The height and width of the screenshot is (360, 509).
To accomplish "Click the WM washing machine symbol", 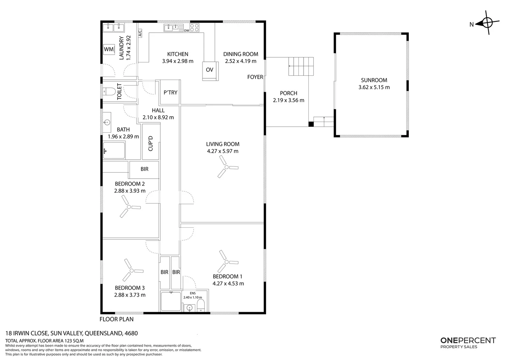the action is click(109, 49).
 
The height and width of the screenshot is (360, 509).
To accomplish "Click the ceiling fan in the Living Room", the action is click(227, 167).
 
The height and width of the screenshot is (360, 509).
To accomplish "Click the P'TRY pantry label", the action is click(171, 93).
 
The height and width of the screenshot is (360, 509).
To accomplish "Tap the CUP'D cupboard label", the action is click(151, 143).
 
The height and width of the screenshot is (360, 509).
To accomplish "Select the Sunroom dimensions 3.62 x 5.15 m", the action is click(374, 87).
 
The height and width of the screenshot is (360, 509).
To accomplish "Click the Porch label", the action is click(288, 93).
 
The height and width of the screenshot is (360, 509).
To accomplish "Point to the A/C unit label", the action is click(140, 33).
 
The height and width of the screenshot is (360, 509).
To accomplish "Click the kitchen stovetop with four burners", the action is click(195, 28).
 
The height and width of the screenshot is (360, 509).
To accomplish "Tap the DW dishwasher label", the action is click(187, 30).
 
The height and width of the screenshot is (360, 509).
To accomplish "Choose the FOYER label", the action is click(255, 77).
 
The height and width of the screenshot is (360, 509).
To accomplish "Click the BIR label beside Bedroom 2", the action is click(145, 169).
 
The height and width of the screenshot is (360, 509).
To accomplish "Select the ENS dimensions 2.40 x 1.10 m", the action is click(193, 297).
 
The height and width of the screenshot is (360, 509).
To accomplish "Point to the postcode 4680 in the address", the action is click(131, 333).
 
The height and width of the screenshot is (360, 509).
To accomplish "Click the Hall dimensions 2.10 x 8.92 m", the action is click(158, 117).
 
